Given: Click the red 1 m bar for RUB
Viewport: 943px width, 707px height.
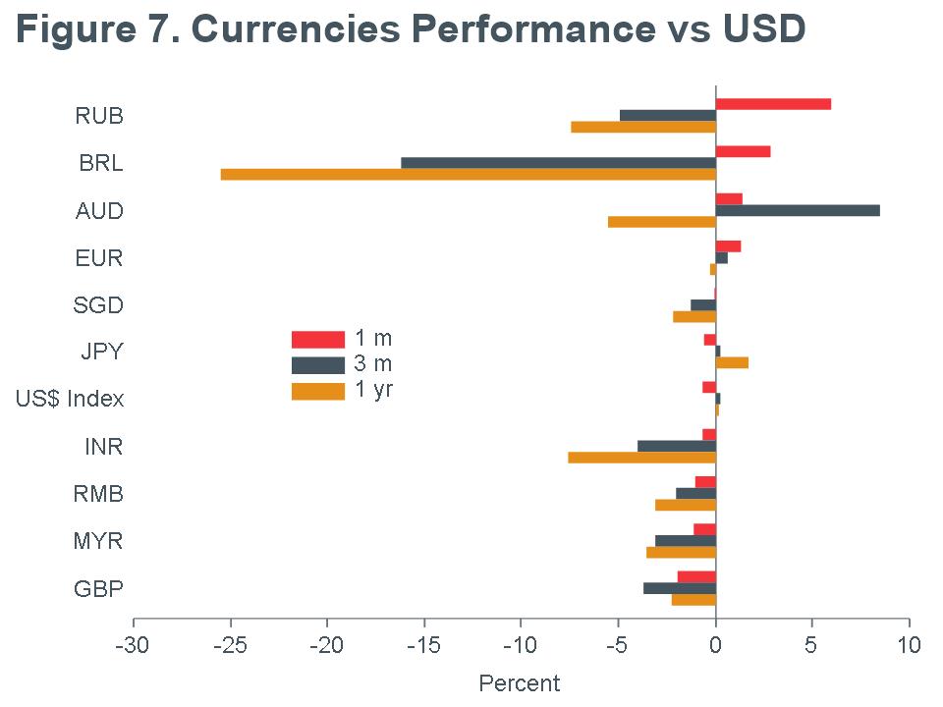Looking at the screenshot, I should pos(773,104).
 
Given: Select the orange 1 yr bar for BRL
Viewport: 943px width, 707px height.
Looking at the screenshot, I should pos(469,175).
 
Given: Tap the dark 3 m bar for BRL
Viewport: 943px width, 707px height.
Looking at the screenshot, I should pos(558,163).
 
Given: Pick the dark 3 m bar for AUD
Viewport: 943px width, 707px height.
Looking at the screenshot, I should pos(798,210).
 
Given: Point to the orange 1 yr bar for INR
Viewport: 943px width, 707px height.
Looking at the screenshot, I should pos(641,457).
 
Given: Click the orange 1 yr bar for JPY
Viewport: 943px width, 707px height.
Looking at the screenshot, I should pos(732,362).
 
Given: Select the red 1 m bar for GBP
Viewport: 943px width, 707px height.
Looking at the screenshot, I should pos(696,576).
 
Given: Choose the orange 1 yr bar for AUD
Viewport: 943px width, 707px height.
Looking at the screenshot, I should pos(662,222).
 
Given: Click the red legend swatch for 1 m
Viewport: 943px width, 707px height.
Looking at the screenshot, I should pos(318,340).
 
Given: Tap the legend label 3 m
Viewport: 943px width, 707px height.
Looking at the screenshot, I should pos(373,364).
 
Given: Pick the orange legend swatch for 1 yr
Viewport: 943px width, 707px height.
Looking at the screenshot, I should pos(318,392).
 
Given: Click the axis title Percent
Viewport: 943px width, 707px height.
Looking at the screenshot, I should pos(520,683).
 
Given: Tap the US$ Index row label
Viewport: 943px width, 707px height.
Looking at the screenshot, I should pos(70,400).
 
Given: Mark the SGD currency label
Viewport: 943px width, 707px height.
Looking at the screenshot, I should pos(98,305).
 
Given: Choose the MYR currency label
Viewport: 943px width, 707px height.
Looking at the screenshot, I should pos(98,541).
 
